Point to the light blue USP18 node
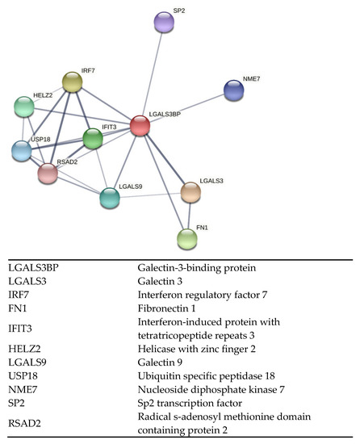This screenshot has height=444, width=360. pos(23,150)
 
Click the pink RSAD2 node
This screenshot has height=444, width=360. pos(48,173)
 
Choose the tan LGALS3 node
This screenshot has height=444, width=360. pos(190,192)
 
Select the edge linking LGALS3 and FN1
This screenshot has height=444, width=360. pos(189,216)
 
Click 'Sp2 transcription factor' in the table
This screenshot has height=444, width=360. pos(182,408)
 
